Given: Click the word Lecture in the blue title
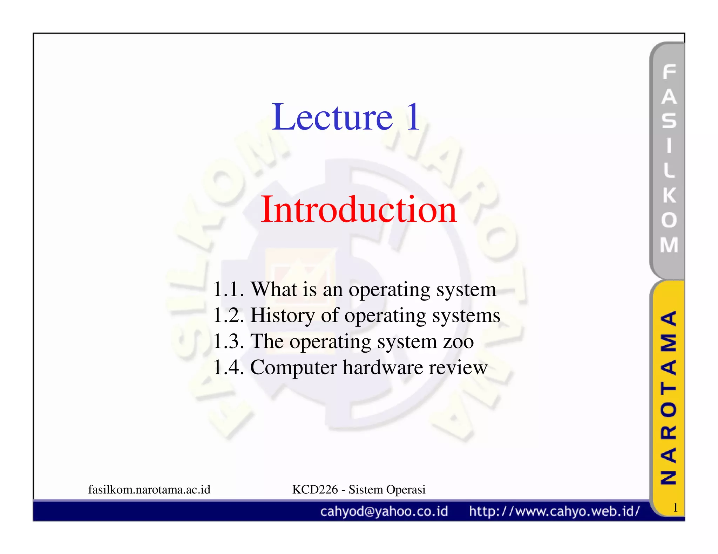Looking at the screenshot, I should [x=332, y=117].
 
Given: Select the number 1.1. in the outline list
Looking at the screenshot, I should [x=228, y=289].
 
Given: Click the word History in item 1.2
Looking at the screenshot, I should [x=283, y=315].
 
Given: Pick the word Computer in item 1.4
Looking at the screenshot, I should [x=293, y=368].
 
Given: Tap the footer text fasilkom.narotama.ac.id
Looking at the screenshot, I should [x=149, y=490].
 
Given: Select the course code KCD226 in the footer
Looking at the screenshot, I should [x=315, y=490].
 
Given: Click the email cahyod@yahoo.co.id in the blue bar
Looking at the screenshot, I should [x=384, y=511].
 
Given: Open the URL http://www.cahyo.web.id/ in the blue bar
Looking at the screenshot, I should [x=554, y=511].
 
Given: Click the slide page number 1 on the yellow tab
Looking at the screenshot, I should [x=675, y=507].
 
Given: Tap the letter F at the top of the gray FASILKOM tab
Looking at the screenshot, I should [x=669, y=72].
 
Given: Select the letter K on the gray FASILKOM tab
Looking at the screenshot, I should [x=669, y=195].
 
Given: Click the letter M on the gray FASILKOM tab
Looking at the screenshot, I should [x=669, y=245].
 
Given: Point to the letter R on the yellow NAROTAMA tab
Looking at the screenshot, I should [x=669, y=432].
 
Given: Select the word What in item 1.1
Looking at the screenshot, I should [x=274, y=289].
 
